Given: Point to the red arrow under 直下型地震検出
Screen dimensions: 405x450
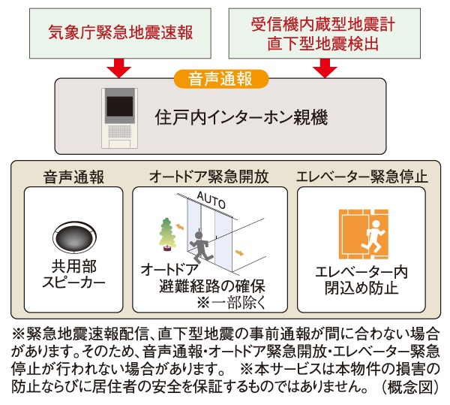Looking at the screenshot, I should point(325,70).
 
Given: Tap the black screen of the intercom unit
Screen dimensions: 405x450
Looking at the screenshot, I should point(120,105).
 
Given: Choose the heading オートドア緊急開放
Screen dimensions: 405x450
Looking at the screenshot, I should point(210,177).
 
